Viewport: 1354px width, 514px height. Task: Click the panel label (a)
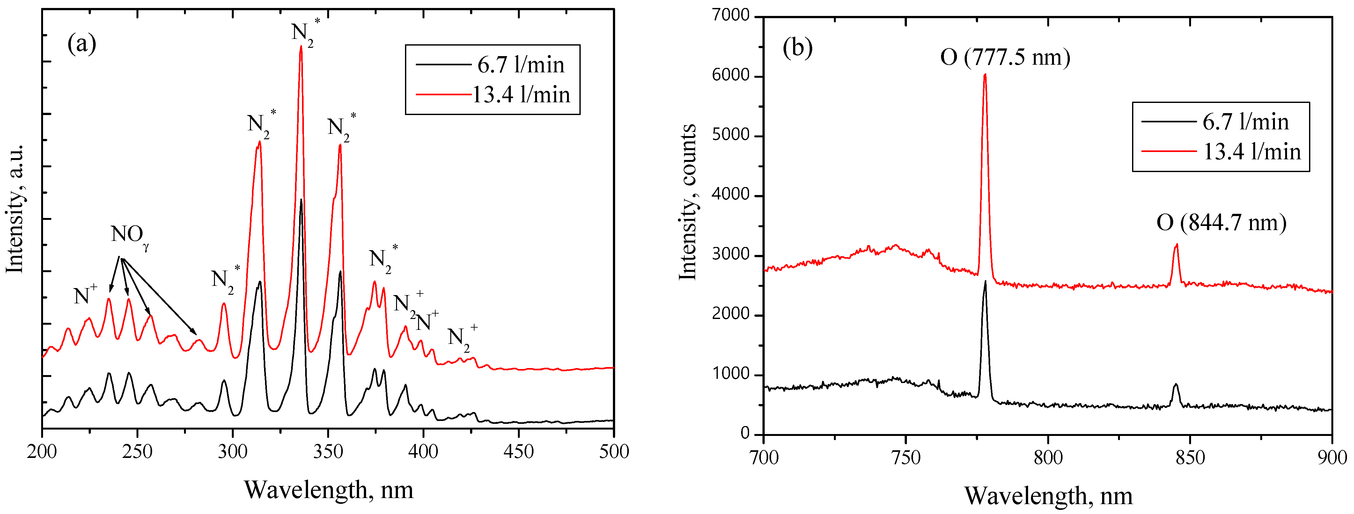click(82, 44)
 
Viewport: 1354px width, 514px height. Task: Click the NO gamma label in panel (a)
click(129, 235)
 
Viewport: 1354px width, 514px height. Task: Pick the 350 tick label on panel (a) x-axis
click(328, 452)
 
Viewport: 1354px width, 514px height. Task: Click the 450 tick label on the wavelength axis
click(518, 452)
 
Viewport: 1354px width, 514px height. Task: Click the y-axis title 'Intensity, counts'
click(688, 202)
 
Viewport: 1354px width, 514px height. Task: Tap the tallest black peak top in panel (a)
click(301, 200)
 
